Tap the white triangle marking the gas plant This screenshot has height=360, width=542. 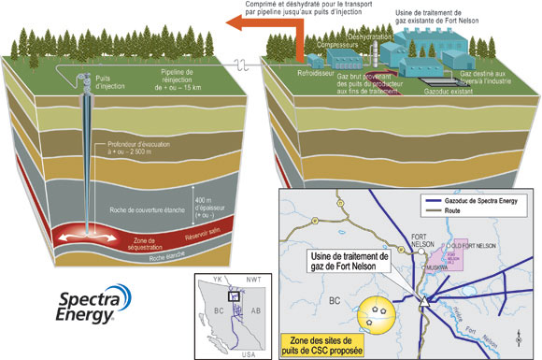tap(423, 303)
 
